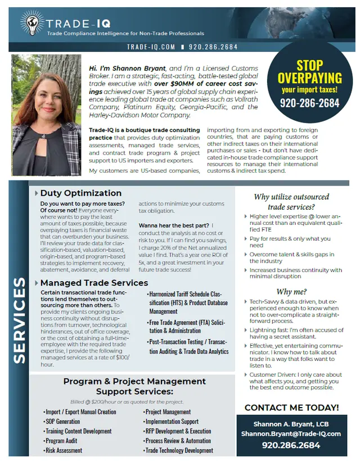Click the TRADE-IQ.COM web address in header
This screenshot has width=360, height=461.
coord(151,47)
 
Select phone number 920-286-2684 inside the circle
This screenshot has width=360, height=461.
coord(310,103)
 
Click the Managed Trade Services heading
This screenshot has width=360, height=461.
coord(94,282)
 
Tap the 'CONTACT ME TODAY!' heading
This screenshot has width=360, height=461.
coord(291,407)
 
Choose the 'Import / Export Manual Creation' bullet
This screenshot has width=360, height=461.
coord(82,412)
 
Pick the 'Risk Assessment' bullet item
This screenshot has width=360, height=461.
coord(65,450)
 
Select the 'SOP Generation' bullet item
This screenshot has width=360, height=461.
coord(64,422)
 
